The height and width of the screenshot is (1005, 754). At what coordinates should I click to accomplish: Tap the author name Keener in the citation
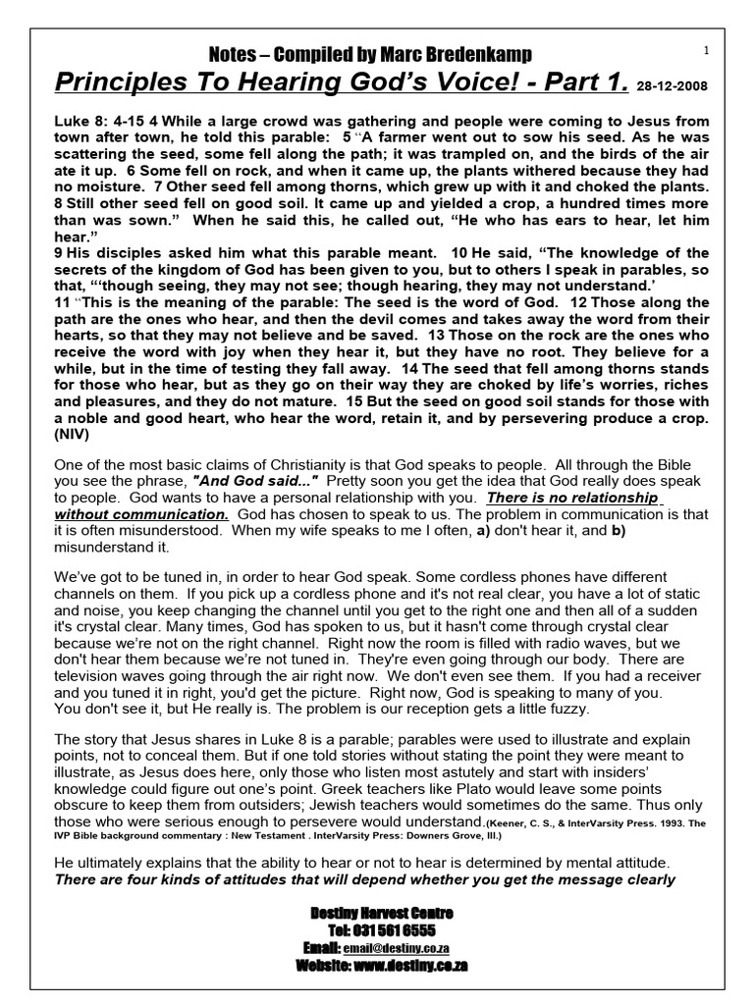tap(506, 823)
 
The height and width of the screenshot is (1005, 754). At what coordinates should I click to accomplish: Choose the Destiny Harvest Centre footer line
tap(381, 913)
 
